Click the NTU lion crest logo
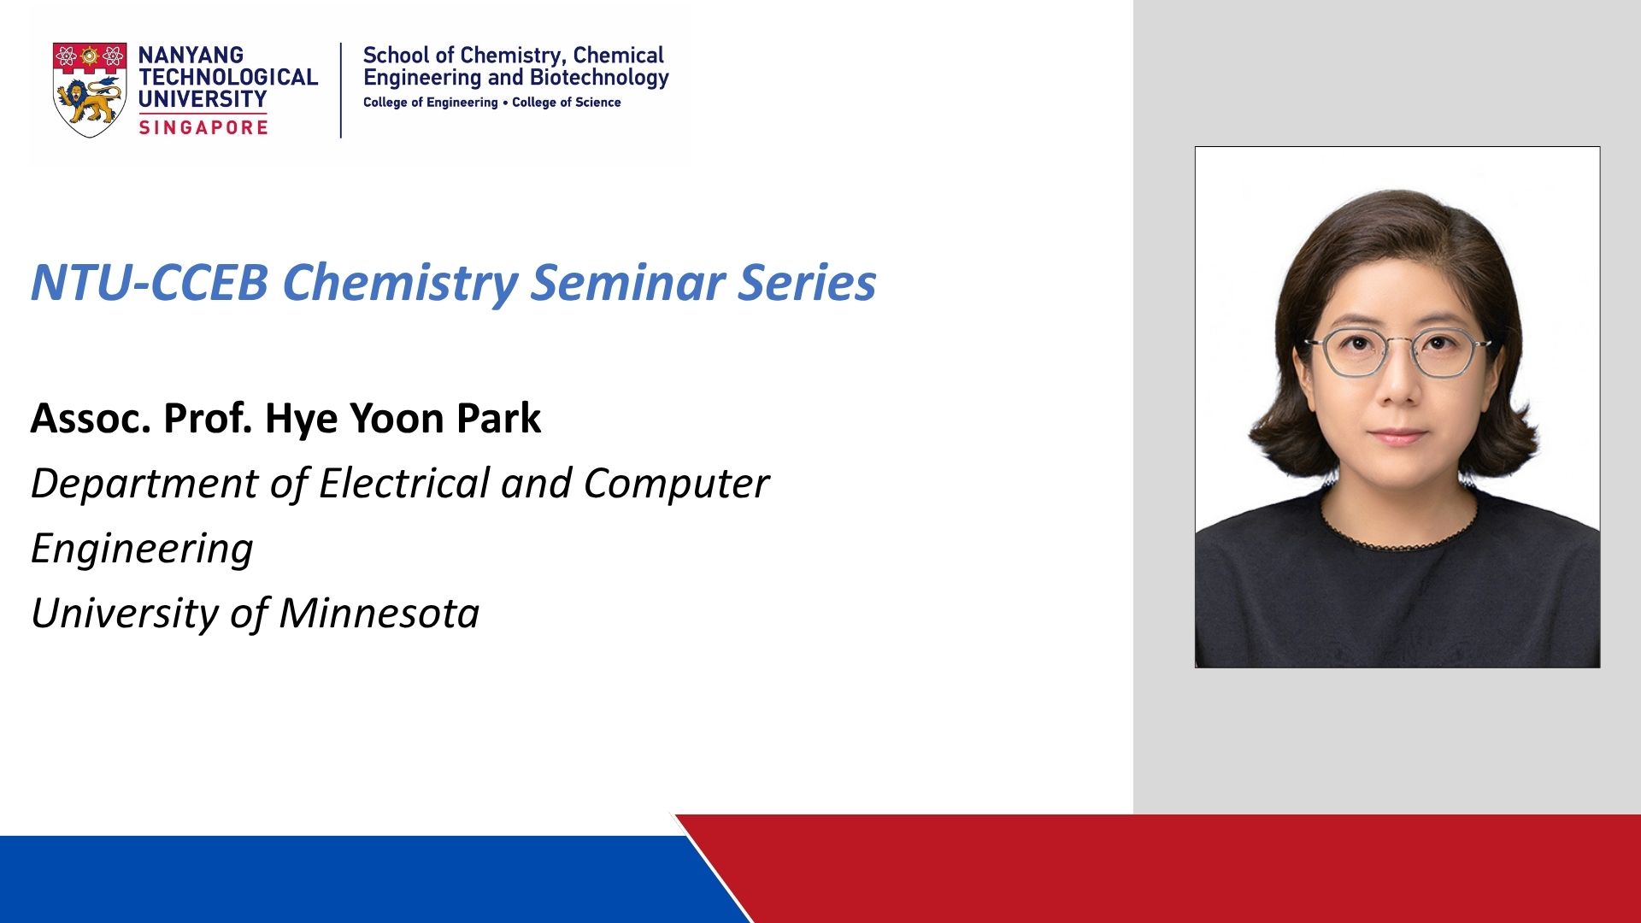(x=90, y=90)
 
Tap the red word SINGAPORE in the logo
(x=203, y=127)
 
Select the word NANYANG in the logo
(x=191, y=55)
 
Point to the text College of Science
(x=566, y=103)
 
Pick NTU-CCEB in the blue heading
(x=150, y=282)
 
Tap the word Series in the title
(x=807, y=282)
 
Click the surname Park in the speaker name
(x=498, y=419)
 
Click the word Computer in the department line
(x=676, y=484)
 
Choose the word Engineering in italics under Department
(x=142, y=550)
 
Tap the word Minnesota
(x=379, y=613)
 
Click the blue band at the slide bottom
(x=359, y=879)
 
